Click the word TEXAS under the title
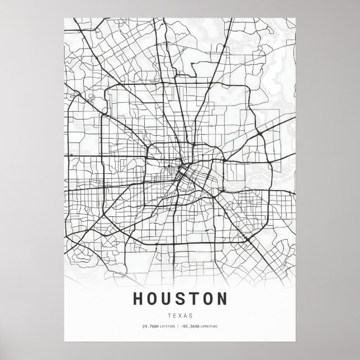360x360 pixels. click(x=180, y=315)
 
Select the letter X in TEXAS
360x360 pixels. click(x=180, y=315)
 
